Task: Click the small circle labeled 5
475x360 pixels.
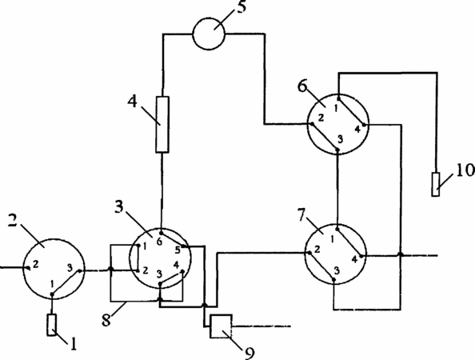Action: (x=209, y=34)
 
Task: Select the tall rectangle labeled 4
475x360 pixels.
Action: (x=162, y=124)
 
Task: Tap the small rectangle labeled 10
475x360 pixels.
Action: (x=436, y=184)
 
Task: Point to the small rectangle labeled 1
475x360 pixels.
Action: (x=52, y=325)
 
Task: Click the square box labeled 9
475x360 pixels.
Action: (x=222, y=326)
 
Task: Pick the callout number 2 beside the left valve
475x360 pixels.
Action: (x=13, y=220)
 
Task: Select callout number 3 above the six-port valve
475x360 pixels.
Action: (x=119, y=207)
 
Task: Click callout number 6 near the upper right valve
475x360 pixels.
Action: (x=302, y=86)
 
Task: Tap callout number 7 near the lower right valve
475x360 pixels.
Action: (x=301, y=215)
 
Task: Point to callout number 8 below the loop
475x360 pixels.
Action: (x=106, y=320)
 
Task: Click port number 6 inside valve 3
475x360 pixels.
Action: (x=159, y=242)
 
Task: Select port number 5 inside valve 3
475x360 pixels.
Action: (x=178, y=250)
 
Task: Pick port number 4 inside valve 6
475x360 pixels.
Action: (x=357, y=129)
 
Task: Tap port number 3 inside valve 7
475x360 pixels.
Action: (x=336, y=271)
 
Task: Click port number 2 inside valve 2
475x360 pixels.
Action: (x=36, y=265)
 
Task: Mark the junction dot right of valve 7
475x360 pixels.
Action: (x=401, y=254)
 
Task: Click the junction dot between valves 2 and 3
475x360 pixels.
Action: (x=111, y=269)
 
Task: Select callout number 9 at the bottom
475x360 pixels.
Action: (x=249, y=353)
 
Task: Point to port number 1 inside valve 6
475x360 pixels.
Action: (x=336, y=108)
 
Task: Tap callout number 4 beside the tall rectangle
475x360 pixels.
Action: (x=132, y=102)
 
